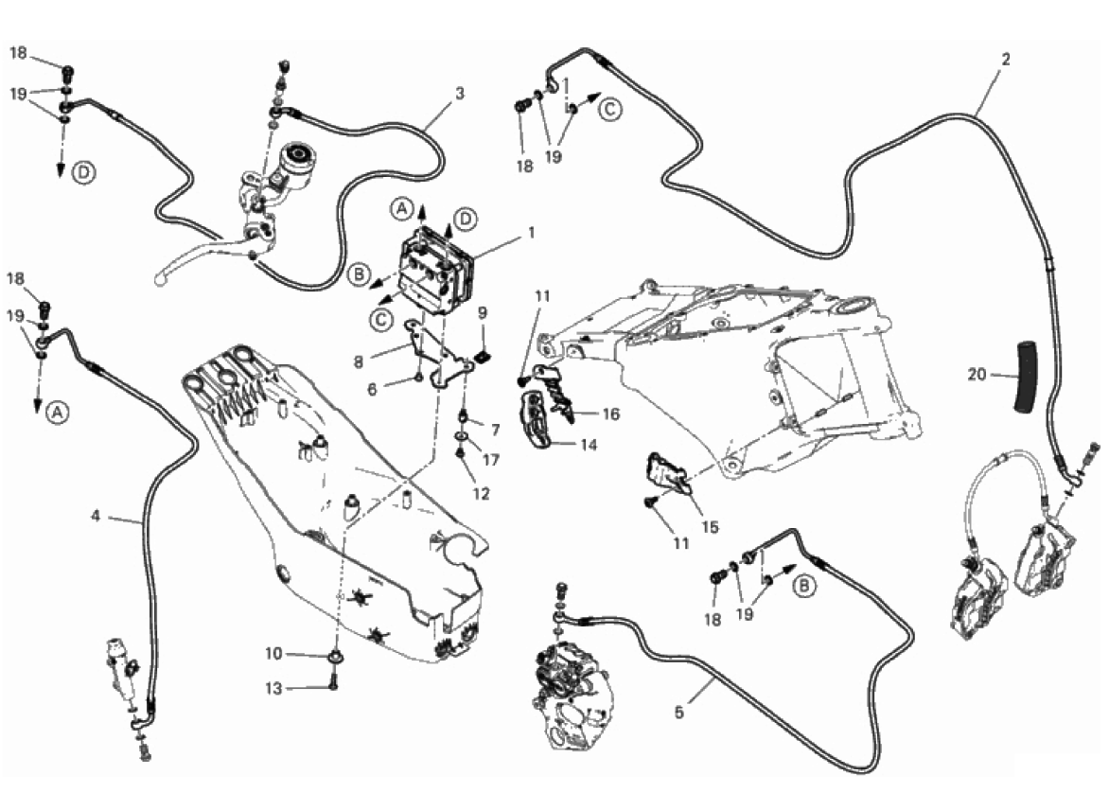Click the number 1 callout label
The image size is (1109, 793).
pyautogui.click(x=532, y=232)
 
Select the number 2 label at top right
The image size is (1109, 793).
pyautogui.click(x=1005, y=59)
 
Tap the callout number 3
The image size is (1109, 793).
pyautogui.click(x=459, y=94)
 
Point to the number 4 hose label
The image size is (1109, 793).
pyautogui.click(x=96, y=516)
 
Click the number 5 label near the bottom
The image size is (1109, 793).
pyautogui.click(x=678, y=712)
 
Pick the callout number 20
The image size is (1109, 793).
pyautogui.click(x=977, y=375)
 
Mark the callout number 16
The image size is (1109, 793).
pyautogui.click(x=609, y=414)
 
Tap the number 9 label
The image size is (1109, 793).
pyautogui.click(x=482, y=311)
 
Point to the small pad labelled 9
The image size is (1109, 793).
pyautogui.click(x=482, y=357)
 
